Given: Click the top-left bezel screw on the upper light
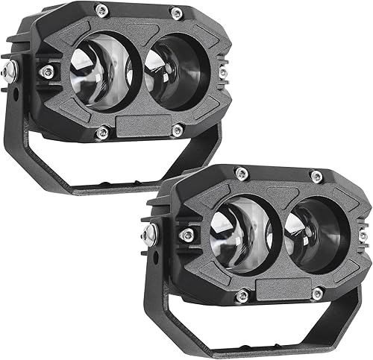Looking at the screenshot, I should click(x=102, y=10).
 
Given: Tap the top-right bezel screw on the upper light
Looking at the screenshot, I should click(x=176, y=12).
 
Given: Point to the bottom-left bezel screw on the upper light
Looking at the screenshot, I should click(x=103, y=133).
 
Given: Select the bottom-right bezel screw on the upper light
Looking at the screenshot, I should click(x=178, y=131).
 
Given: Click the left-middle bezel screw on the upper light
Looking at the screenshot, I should click(x=47, y=72).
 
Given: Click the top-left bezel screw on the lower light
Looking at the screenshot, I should click(x=240, y=173).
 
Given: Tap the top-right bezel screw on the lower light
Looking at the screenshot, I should click(x=316, y=176).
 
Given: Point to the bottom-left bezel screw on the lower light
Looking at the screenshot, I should click(x=242, y=296).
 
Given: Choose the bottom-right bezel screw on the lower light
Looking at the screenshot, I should click(x=317, y=293).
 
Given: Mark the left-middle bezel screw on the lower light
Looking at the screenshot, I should click(x=186, y=236).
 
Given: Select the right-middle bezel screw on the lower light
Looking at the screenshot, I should click(x=363, y=235).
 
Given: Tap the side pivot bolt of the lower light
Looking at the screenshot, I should click(x=151, y=234).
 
